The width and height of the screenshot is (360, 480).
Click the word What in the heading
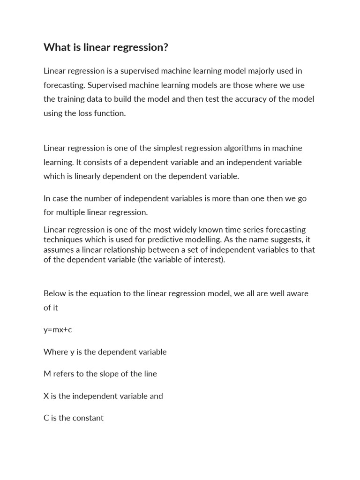(56, 47)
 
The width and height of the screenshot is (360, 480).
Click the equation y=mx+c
(58, 330)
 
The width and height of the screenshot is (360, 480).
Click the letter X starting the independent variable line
(46, 396)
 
